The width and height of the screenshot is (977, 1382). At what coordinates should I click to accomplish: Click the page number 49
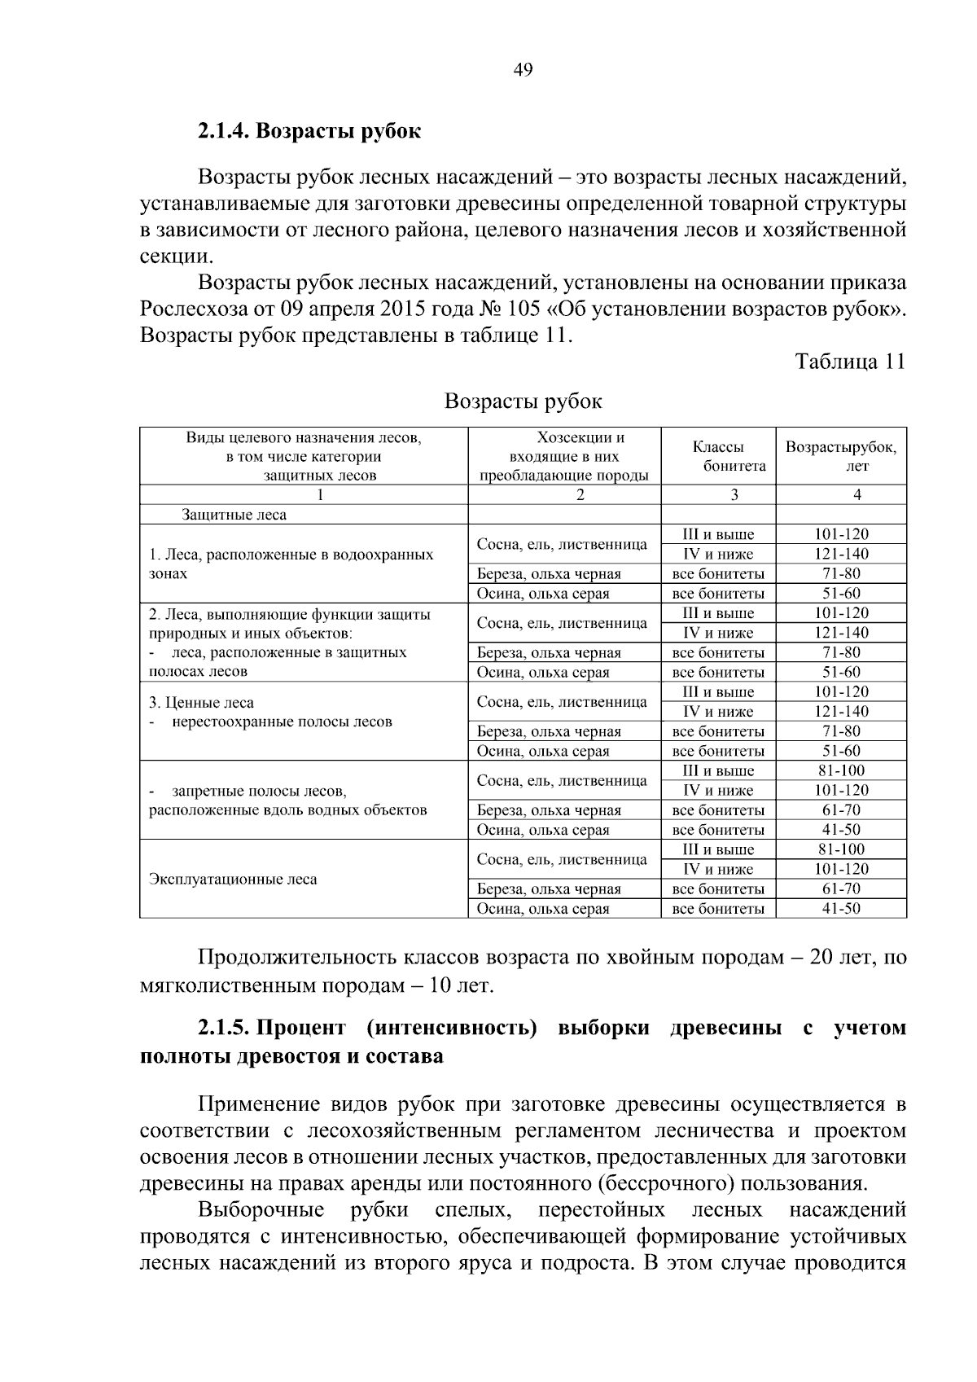(x=523, y=70)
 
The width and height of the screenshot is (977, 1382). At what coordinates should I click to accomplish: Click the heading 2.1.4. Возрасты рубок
(x=309, y=130)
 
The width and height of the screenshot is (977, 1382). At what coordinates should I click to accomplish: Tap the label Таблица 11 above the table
(x=850, y=362)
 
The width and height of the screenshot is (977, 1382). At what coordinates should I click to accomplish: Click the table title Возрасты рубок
(x=524, y=401)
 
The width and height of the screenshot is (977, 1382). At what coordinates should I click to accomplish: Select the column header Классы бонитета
(x=719, y=456)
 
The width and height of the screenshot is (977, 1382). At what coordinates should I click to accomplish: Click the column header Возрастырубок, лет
(x=841, y=456)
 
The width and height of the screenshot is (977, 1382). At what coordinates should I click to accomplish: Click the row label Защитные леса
(x=234, y=515)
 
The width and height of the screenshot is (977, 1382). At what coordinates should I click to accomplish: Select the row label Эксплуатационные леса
(x=233, y=880)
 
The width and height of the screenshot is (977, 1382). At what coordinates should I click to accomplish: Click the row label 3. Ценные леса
(x=201, y=703)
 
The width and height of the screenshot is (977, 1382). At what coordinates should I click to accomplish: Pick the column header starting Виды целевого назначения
(x=304, y=456)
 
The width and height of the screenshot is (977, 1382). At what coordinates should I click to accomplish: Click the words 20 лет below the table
(x=839, y=958)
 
